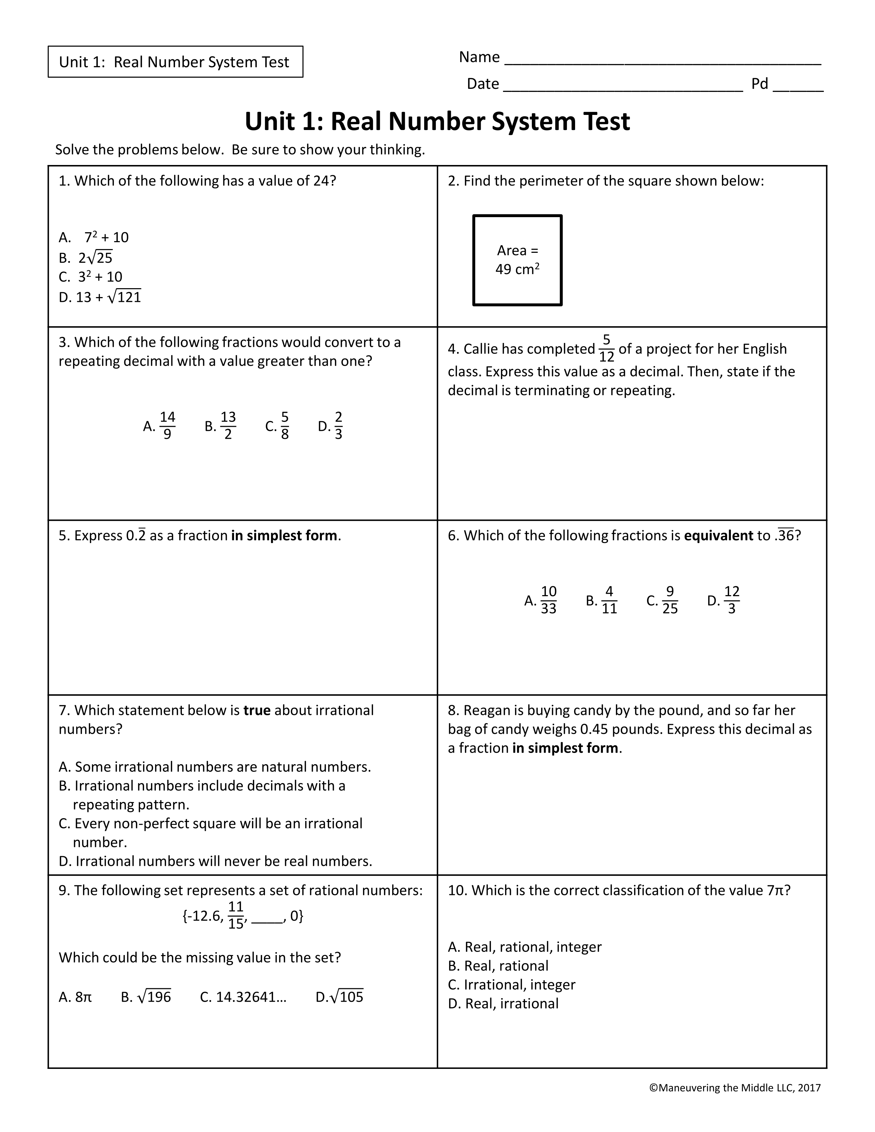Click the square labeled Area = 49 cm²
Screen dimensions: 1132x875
coord(517,260)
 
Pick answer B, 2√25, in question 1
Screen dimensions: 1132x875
coord(86,258)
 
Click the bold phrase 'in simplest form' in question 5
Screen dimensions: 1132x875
coord(284,535)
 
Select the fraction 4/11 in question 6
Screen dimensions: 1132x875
coord(609,600)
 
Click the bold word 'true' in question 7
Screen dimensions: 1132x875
coord(257,710)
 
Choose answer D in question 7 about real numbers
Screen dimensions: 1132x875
coord(215,861)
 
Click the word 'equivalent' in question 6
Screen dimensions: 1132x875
coord(718,535)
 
